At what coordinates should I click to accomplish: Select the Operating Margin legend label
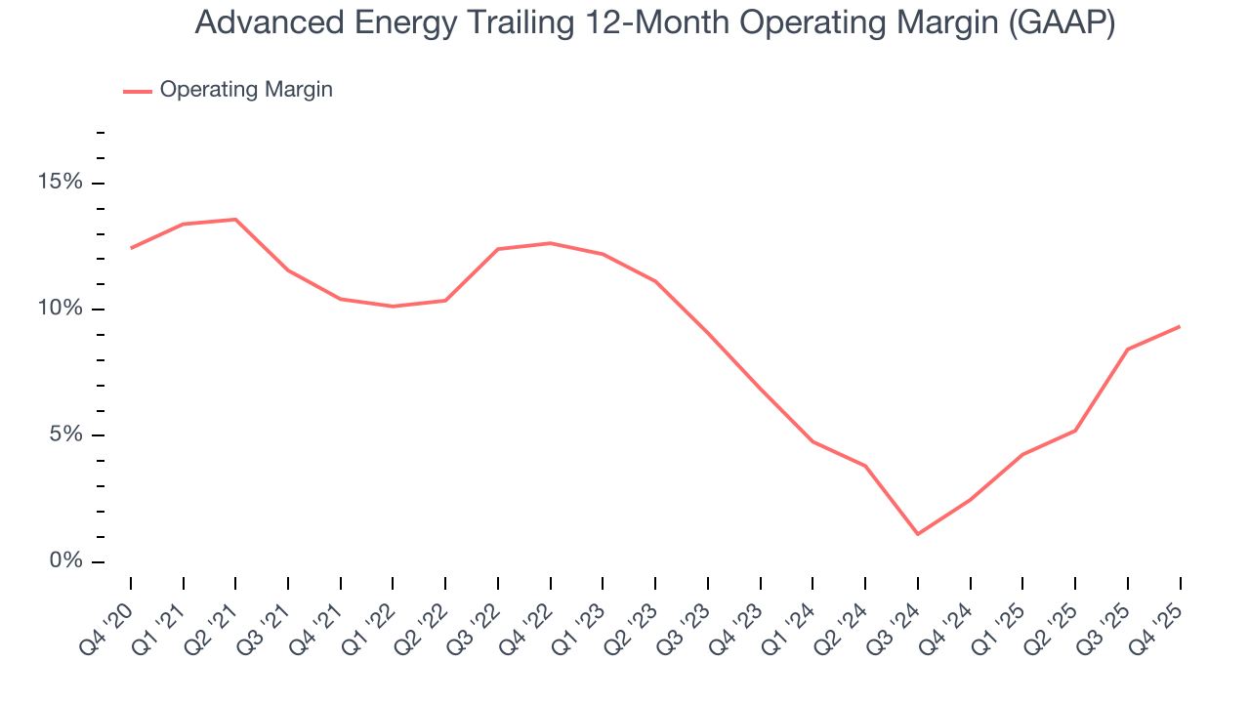pyautogui.click(x=246, y=90)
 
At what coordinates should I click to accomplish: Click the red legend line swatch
pyautogui.click(x=137, y=91)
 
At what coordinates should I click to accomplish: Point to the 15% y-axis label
pyautogui.click(x=61, y=183)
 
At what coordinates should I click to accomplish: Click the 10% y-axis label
pyautogui.click(x=61, y=309)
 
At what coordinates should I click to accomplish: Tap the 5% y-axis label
pyautogui.click(x=65, y=435)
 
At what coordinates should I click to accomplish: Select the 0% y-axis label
pyautogui.click(x=65, y=561)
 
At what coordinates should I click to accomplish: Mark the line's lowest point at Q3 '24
pyautogui.click(x=918, y=534)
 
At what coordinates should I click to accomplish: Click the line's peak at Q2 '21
pyautogui.click(x=235, y=220)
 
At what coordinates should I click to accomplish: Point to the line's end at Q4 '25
pyautogui.click(x=1180, y=326)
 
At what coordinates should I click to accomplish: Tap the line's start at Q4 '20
pyautogui.click(x=131, y=248)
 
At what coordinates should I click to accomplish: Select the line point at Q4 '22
pyautogui.click(x=550, y=243)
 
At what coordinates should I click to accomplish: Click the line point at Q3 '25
pyautogui.click(x=1128, y=350)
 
